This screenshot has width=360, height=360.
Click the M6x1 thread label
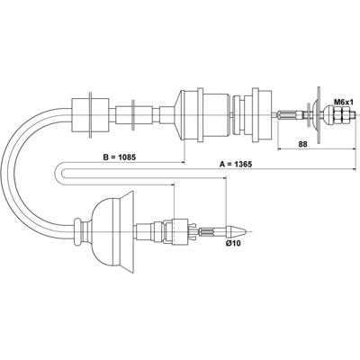click(344, 102)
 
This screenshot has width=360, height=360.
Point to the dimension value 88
click(302, 144)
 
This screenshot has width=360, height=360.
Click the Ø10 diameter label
click(233, 244)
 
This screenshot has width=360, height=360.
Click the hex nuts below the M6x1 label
click(342, 115)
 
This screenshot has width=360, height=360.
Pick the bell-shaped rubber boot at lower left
click(112, 232)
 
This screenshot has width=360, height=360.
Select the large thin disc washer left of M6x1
click(319, 114)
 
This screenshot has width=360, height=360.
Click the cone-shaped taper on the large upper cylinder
click(178, 115)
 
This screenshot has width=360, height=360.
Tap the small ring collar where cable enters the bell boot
click(78, 232)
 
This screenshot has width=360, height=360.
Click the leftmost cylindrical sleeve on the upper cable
click(90, 115)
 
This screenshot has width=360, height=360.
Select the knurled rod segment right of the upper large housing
click(290, 115)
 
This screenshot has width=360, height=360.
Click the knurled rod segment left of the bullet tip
click(212, 231)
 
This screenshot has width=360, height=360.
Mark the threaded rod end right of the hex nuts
click(353, 115)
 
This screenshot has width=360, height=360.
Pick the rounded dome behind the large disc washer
click(314, 114)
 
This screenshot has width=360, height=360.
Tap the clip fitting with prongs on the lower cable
click(183, 231)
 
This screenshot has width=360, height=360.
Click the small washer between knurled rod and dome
click(309, 115)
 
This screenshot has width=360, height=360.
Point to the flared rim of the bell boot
click(127, 232)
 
